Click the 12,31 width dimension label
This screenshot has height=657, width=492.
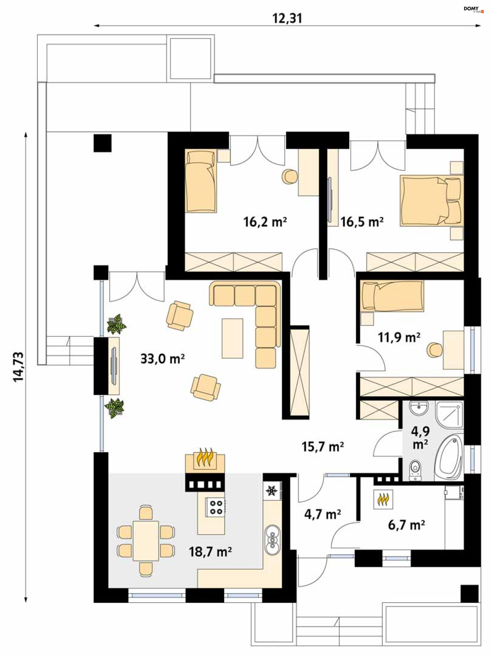pyautogui.click(x=287, y=18)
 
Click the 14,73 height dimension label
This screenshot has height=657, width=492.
pyautogui.click(x=18, y=366)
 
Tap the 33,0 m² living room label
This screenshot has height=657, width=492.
pyautogui.click(x=162, y=359)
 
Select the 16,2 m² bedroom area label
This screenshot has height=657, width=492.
pyautogui.click(x=265, y=222)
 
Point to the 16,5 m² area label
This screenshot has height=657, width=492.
pyautogui.click(x=361, y=222)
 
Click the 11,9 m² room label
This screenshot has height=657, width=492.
pyautogui.click(x=398, y=337)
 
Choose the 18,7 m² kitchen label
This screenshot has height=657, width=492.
pyautogui.click(x=210, y=552)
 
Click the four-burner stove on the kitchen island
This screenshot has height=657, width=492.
pyautogui.click(x=216, y=507)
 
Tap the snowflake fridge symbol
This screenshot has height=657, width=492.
pyautogui.click(x=272, y=491)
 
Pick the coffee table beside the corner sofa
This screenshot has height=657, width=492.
pyautogui.click(x=232, y=338)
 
